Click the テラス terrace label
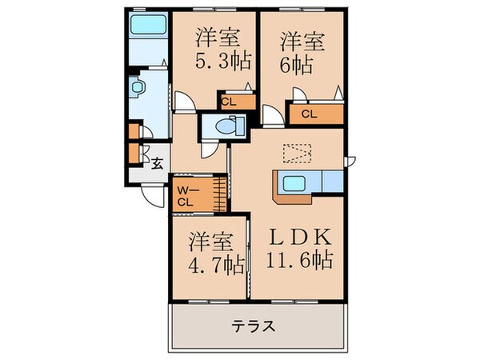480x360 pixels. point(254,326)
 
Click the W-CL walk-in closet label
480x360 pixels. point(186,195)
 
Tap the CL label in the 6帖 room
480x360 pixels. point(309,114)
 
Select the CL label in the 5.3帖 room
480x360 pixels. point(227,101)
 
